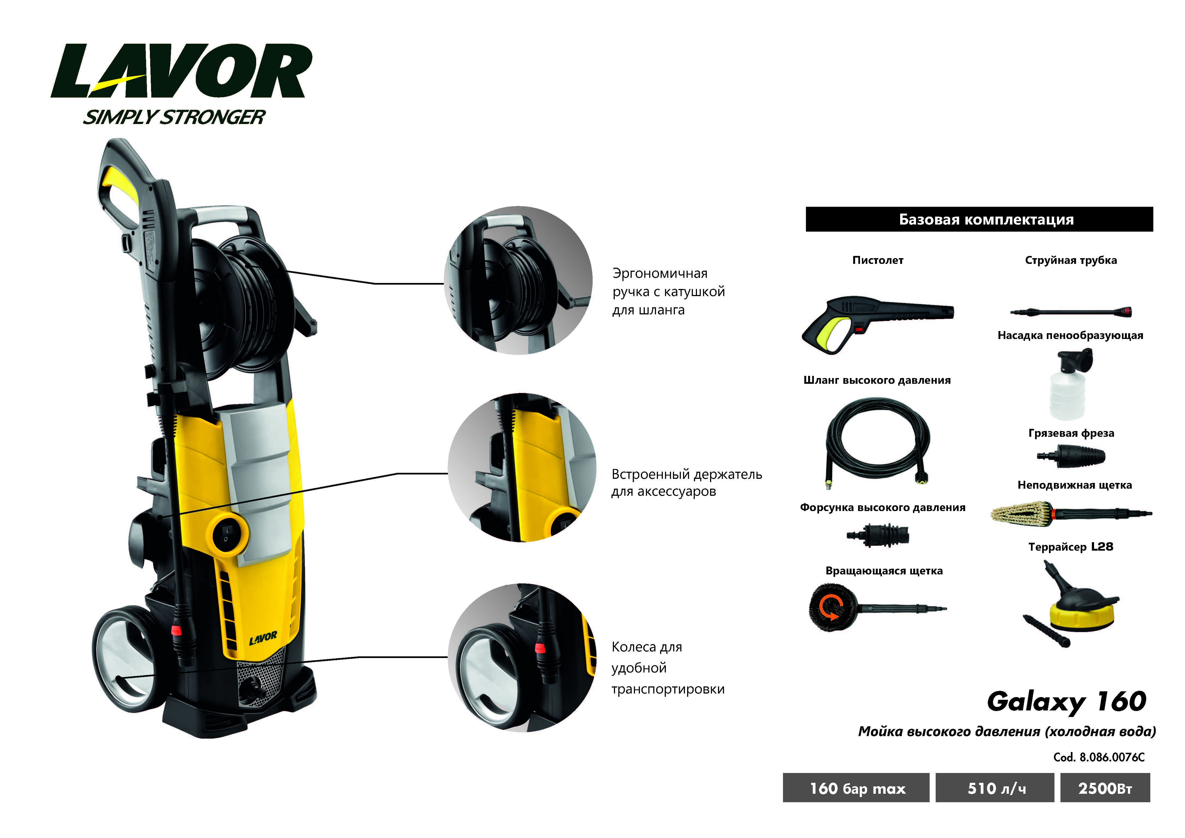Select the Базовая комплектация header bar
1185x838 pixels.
[x=979, y=219]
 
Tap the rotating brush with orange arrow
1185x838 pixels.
[x=834, y=608]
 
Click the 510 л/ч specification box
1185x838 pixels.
[x=995, y=788]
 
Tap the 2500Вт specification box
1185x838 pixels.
[x=1105, y=788]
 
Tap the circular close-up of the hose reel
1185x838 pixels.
[x=518, y=280]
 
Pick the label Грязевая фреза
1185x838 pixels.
[x=1071, y=433]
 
